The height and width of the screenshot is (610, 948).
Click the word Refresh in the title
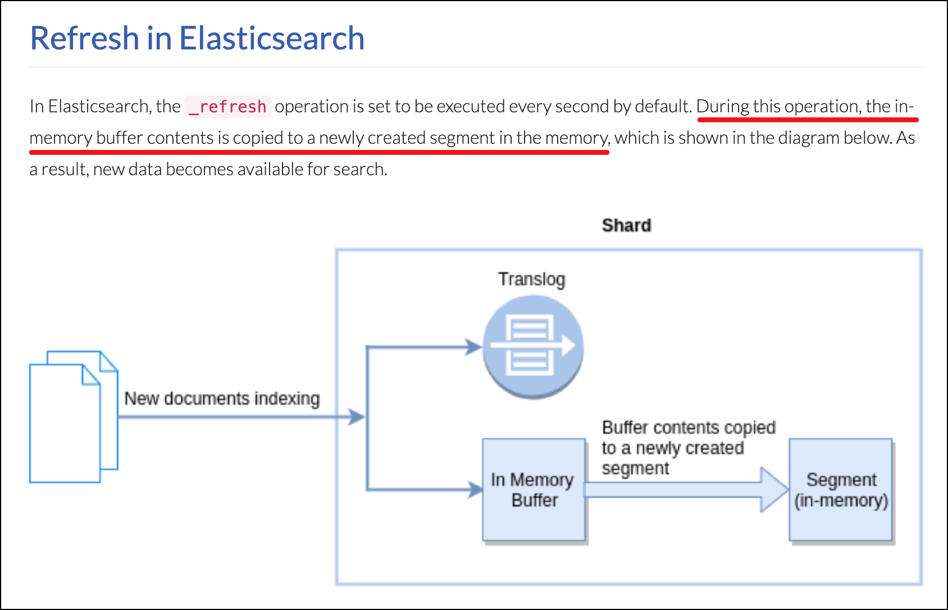pos(84,38)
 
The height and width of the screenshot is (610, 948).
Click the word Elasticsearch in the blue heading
pos(272,38)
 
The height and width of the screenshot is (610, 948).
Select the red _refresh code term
pos(228,107)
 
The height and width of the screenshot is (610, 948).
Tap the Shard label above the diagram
pos(626,225)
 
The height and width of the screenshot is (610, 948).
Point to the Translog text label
pos(531,279)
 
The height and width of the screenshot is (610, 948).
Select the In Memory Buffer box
pos(533,489)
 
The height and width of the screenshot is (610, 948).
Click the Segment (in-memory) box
pos(841,489)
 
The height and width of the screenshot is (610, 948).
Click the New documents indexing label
pos(222,398)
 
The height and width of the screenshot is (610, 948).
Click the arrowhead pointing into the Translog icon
pos(473,347)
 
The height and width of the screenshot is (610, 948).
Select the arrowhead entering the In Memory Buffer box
pos(475,489)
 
